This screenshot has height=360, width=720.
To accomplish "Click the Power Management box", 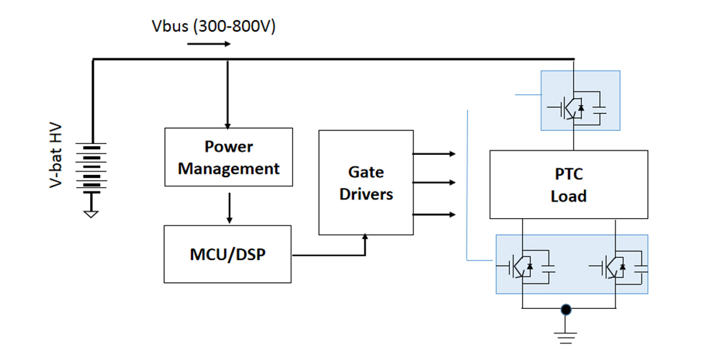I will [x=228, y=157].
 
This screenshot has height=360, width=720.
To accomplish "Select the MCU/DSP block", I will [x=228, y=254].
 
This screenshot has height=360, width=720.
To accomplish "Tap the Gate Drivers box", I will [x=366, y=183].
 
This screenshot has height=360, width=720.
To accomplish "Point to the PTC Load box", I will [x=568, y=184].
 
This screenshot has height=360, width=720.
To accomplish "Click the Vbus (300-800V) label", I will [x=214, y=27].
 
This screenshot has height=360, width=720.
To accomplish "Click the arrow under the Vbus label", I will [x=209, y=44].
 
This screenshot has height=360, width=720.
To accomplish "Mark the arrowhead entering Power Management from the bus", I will [x=228, y=124].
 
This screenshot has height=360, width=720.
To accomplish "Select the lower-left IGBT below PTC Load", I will [x=526, y=266].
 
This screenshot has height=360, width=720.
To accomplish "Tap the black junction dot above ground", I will [x=567, y=310].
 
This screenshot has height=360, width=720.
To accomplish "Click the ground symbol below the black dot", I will [x=567, y=332].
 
